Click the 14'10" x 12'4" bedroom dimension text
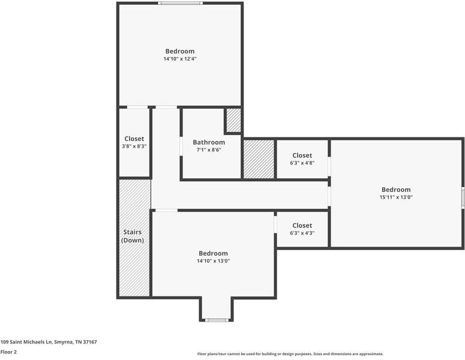tap(180, 59)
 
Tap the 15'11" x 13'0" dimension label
tap(395, 197)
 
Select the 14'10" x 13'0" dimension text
tap(213, 261)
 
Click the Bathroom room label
tap(209, 142)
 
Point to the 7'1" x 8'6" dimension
tap(209, 150)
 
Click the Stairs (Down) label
tap(133, 236)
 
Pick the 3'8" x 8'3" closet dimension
tap(134, 146)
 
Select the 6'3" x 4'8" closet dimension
tap(302, 163)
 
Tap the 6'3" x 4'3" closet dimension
tap(302, 233)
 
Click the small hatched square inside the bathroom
tap(233, 121)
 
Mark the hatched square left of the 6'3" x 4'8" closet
tap(259, 159)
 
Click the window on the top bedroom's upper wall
tap(180, 4)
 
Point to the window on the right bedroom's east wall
tap(463, 197)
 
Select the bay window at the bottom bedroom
tap(215, 320)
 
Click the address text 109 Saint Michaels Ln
tap(49, 342)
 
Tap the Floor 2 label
tap(8, 352)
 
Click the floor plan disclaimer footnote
tap(290, 354)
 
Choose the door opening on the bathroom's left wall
tap(182, 146)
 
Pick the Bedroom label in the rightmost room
tap(395, 190)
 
